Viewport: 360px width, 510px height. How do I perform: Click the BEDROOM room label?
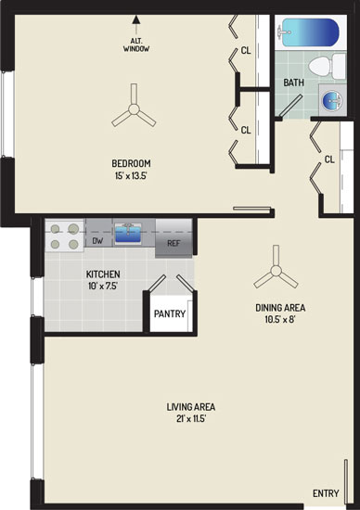131,163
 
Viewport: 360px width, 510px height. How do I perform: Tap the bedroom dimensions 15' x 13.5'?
131,176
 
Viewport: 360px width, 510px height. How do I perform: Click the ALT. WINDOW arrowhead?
136,19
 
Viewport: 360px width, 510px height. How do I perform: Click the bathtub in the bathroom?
310,32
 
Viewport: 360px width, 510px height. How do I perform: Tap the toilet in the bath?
327,66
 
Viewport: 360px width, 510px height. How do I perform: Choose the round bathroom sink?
331,99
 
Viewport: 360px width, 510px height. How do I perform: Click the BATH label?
293,83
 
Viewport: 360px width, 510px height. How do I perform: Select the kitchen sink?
128,233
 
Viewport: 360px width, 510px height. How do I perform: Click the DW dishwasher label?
97,241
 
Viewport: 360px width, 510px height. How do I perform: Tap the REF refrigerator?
174,238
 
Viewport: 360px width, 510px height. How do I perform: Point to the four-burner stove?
64,236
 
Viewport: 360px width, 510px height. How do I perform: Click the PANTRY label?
170,313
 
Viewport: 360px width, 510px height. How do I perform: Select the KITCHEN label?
103,274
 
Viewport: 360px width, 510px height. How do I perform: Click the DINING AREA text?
280,307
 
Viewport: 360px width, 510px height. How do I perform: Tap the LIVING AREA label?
191,407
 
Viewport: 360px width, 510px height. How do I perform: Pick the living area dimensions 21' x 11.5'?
191,419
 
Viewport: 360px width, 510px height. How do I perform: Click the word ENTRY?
326,493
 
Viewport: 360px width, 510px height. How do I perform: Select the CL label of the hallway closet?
329,159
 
